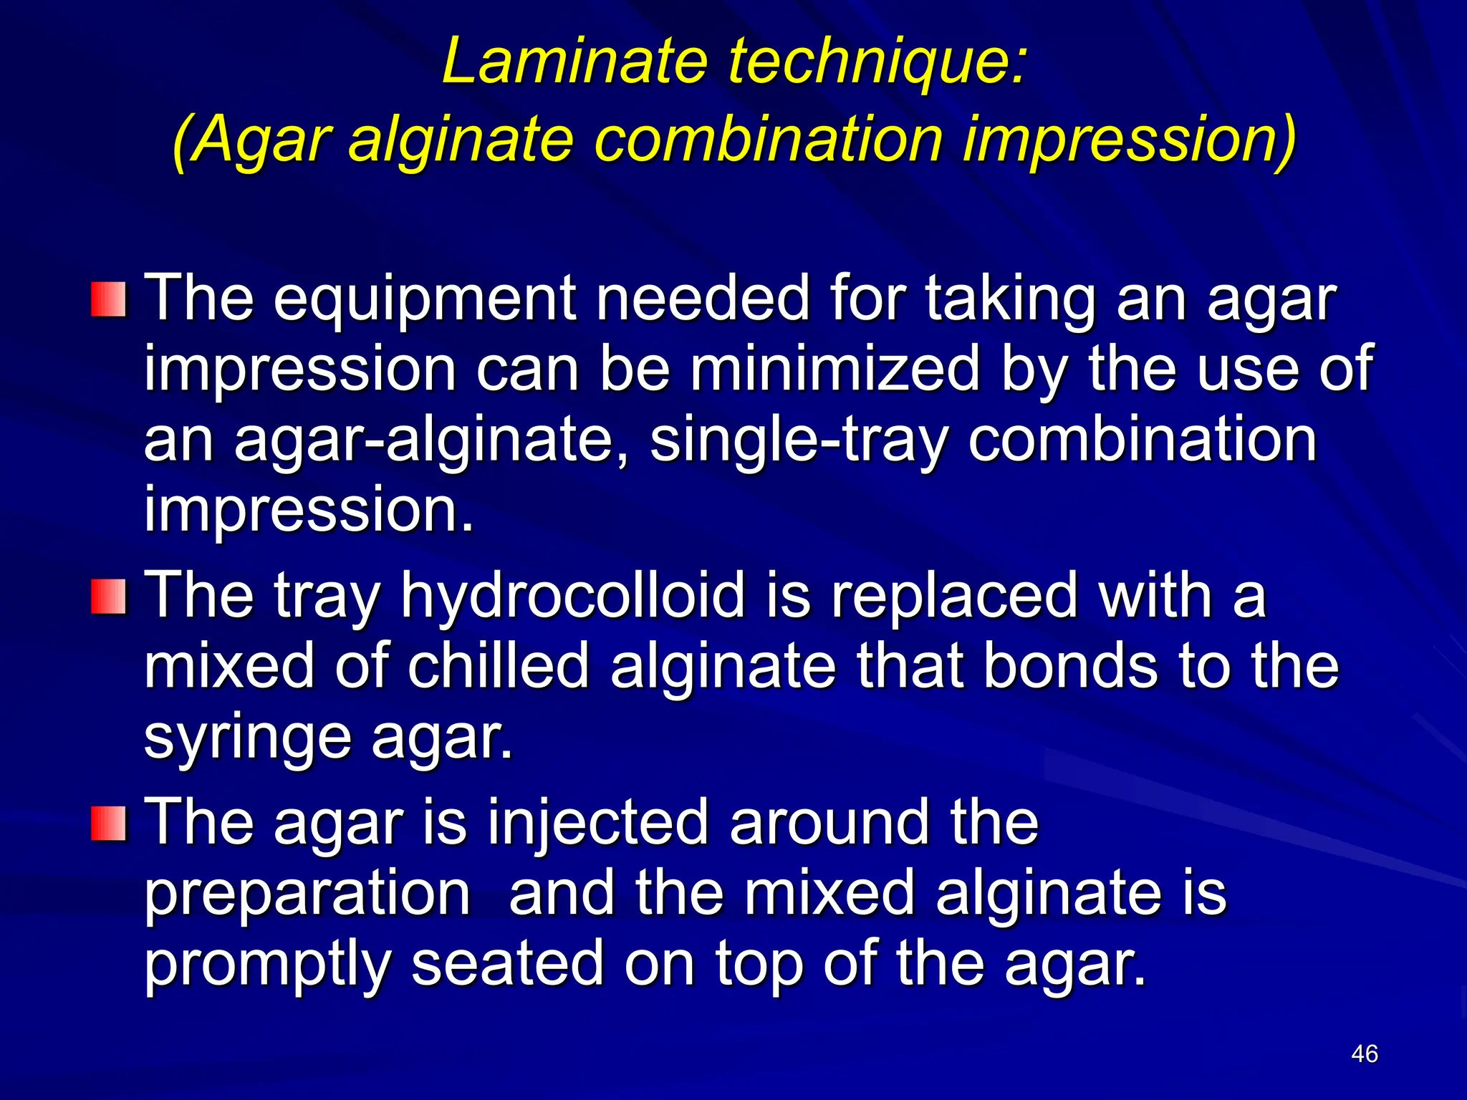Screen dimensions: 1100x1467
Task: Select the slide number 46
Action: click(1364, 1053)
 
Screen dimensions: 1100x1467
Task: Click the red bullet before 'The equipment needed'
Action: click(109, 300)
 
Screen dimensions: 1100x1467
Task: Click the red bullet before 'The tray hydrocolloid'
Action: click(109, 597)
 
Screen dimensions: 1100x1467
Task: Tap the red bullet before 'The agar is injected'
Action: click(109, 823)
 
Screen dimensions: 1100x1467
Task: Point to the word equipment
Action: click(425, 300)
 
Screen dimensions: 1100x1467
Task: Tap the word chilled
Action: click(498, 666)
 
